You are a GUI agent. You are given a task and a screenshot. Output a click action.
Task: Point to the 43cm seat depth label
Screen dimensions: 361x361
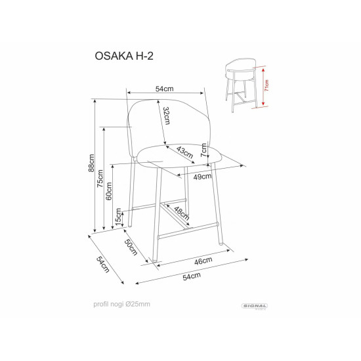click(x=184, y=152)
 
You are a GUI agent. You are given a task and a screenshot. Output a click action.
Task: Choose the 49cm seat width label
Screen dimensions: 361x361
click(x=202, y=176)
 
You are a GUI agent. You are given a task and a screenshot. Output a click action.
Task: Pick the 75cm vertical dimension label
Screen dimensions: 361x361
click(x=101, y=179)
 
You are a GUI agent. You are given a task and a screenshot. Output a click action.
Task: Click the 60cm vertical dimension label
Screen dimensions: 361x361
click(x=110, y=191)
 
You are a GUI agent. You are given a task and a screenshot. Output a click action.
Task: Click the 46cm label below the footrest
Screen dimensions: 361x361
click(x=203, y=261)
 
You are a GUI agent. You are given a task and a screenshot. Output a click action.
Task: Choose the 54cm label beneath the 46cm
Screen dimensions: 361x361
click(x=191, y=277)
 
